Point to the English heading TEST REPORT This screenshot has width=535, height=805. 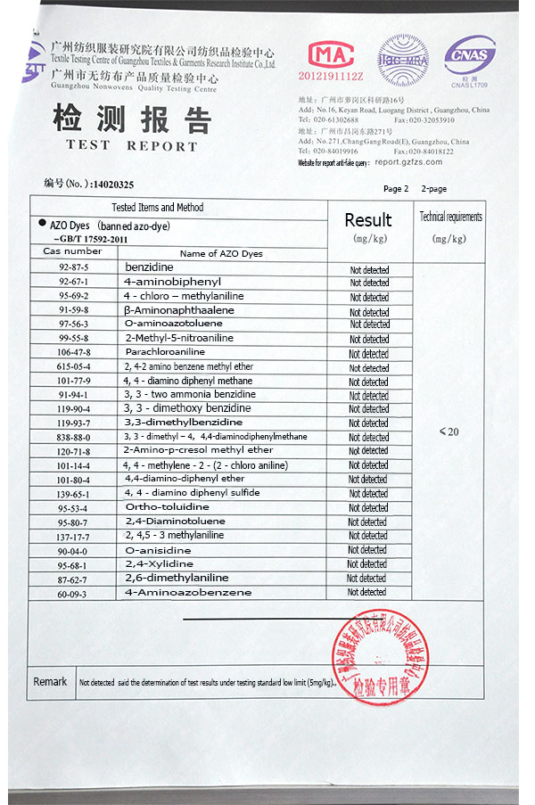[x=131, y=145]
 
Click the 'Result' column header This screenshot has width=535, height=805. [x=367, y=220]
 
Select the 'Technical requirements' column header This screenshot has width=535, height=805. [x=451, y=217]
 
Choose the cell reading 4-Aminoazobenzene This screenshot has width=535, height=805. [x=187, y=593]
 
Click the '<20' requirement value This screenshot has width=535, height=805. [x=449, y=431]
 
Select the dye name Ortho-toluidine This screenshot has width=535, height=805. [x=167, y=507]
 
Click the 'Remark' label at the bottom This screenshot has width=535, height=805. [x=50, y=682]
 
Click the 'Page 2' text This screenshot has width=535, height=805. [x=396, y=189]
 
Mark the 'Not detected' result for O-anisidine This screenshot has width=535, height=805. [x=367, y=550]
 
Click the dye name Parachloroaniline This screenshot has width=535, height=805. [x=165, y=352]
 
